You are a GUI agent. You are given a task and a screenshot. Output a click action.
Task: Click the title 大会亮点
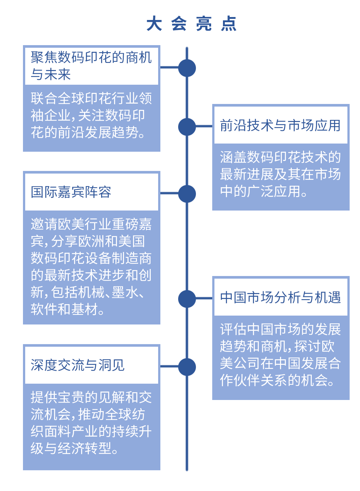(191, 23)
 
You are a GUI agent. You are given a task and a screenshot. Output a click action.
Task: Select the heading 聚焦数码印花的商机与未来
(91, 65)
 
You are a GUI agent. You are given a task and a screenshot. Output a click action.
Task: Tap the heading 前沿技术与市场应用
(280, 125)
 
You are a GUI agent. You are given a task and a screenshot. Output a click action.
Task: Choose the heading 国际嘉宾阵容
(71, 192)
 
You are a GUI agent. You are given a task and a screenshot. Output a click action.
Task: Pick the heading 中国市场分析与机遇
(280, 297)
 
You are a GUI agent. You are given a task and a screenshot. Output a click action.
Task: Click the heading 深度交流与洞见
(77, 365)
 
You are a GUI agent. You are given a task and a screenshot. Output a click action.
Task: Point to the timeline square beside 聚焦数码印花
(187, 68)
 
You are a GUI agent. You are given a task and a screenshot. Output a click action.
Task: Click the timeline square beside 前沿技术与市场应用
(187, 127)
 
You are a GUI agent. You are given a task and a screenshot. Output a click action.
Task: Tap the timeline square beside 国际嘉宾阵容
(187, 194)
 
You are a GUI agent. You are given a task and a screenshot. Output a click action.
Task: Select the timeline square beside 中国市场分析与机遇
(187, 299)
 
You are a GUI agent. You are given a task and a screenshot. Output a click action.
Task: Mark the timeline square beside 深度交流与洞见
(187, 367)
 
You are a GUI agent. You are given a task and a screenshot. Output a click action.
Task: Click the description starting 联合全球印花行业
(91, 115)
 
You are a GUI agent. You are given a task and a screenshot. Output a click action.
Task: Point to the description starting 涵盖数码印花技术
(280, 174)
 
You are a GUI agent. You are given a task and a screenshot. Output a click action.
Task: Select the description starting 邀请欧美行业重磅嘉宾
(91, 266)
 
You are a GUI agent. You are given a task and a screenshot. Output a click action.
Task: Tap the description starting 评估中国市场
(280, 355)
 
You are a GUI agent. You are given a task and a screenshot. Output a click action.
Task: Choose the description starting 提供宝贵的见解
(91, 423)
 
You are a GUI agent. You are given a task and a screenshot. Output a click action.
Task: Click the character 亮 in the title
(204, 23)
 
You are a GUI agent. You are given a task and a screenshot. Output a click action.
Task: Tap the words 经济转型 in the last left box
(84, 448)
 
